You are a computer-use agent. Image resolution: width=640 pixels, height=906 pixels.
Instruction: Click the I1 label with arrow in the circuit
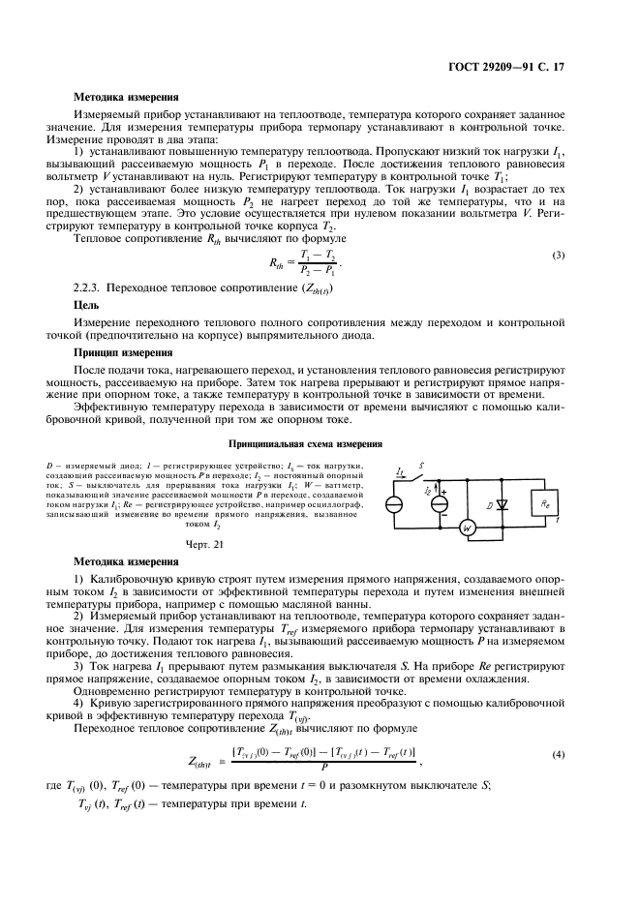coord(401,472)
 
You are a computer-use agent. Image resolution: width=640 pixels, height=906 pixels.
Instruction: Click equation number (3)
coord(558,255)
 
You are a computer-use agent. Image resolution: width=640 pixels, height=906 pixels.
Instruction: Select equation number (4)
coord(558,752)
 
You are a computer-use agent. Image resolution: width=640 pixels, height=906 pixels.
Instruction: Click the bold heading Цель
coord(87,303)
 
